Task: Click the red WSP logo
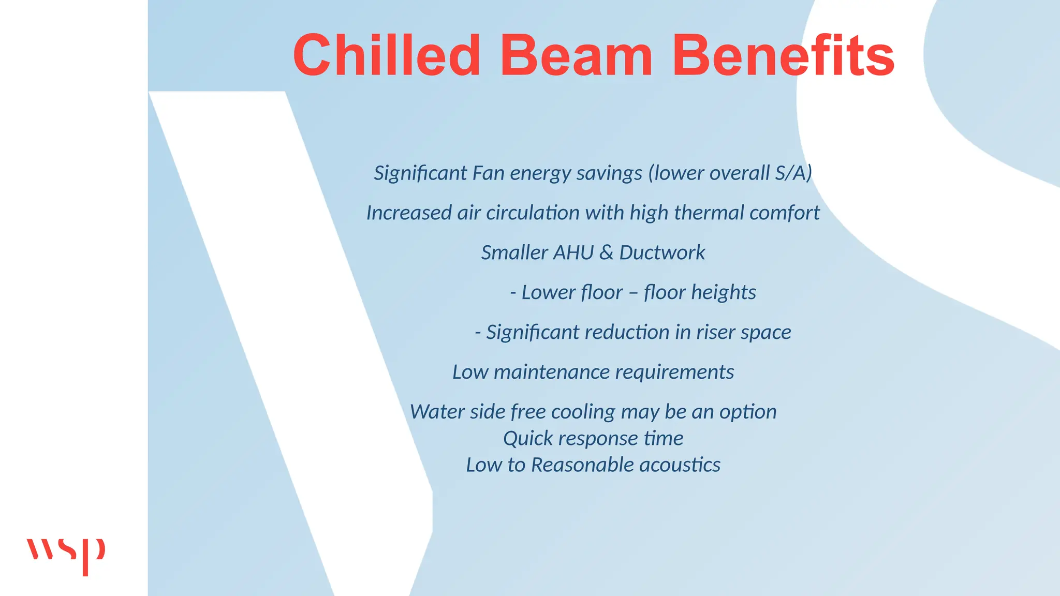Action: [66, 555]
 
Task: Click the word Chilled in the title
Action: [387, 55]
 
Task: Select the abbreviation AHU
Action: [573, 252]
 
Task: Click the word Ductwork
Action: [662, 252]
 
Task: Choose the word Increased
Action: [409, 213]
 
